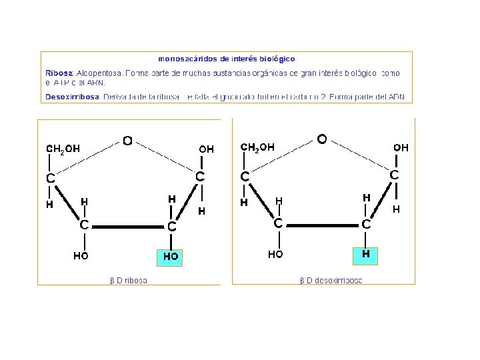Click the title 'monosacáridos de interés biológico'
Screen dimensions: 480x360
(227, 59)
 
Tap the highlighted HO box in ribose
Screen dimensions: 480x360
(171, 257)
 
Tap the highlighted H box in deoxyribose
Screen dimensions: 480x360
(366, 255)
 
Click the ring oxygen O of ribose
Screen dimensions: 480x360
(127, 141)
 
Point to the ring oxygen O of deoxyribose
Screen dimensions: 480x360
(322, 139)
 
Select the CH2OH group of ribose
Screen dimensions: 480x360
(63, 149)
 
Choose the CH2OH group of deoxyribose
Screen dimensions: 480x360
(257, 147)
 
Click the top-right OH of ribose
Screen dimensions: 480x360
(207, 149)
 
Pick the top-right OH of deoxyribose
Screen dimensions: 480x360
(401, 147)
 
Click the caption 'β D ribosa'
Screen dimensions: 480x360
(129, 280)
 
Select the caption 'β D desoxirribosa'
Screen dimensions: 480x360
(331, 280)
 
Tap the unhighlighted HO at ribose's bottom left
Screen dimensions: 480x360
(81, 255)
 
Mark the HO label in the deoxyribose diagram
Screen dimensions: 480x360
(275, 254)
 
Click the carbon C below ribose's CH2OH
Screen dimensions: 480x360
(50, 179)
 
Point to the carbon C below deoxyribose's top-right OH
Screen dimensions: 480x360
(395, 175)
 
